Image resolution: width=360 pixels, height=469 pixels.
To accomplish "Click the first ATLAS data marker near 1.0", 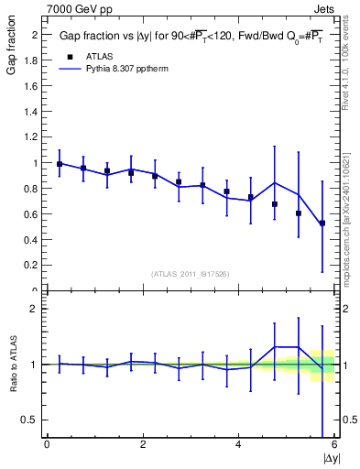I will click(x=60, y=164).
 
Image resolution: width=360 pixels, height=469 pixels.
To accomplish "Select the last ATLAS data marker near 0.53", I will click(x=322, y=223).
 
